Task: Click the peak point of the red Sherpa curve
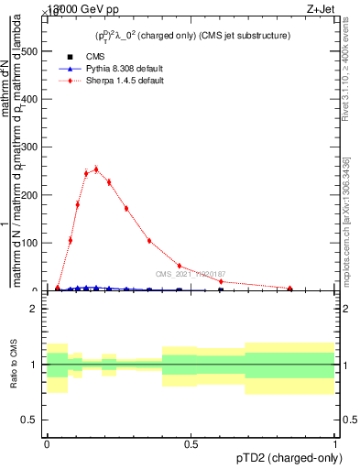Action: click(95, 169)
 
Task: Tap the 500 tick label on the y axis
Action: click(29, 51)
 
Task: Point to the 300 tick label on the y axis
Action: click(29, 147)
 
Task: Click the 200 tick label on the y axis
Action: click(29, 195)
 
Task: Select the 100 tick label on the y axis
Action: click(29, 243)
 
